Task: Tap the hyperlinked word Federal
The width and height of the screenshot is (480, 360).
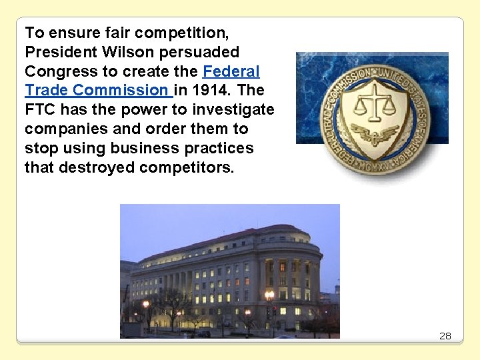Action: pos(231,71)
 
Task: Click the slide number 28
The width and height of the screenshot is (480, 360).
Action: pos(445,336)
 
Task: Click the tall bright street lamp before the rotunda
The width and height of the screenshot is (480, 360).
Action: pos(269,295)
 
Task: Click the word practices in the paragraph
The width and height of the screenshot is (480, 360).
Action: pos(213,148)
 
